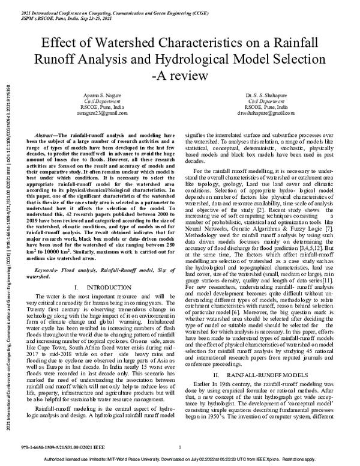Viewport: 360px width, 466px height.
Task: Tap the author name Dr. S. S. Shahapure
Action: pos(265,95)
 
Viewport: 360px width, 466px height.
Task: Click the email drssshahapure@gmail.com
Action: pos(265,112)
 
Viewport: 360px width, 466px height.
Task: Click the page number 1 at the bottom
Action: pos(180,447)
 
